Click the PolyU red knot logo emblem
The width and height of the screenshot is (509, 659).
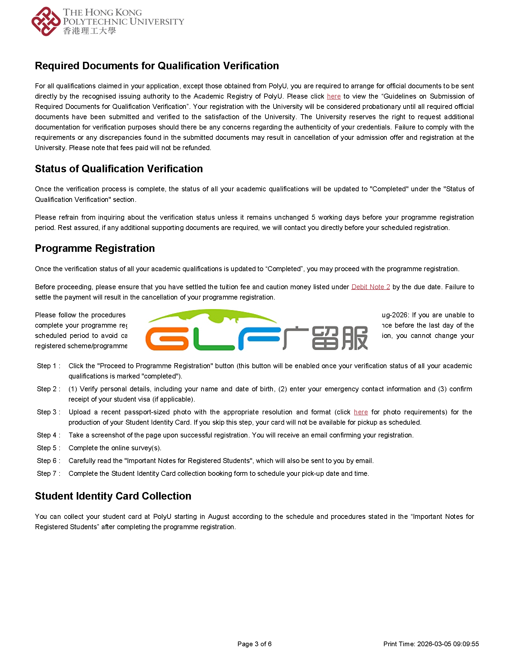click(x=46, y=21)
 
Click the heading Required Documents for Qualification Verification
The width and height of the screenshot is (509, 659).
click(x=157, y=66)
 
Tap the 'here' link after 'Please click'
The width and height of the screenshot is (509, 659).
click(x=334, y=96)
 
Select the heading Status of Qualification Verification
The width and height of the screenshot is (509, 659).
click(x=119, y=169)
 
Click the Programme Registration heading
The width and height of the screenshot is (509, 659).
click(x=95, y=248)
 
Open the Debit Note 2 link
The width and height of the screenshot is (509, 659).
click(x=371, y=287)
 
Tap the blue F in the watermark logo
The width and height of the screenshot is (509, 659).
click(x=259, y=339)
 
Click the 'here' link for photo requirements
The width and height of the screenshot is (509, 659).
click(x=361, y=412)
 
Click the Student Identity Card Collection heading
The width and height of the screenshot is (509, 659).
click(x=113, y=496)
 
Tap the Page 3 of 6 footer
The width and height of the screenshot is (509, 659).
click(x=254, y=644)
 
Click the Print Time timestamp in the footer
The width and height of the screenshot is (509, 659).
click(x=431, y=644)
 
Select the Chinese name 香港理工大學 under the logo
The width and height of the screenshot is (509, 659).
click(x=90, y=31)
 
